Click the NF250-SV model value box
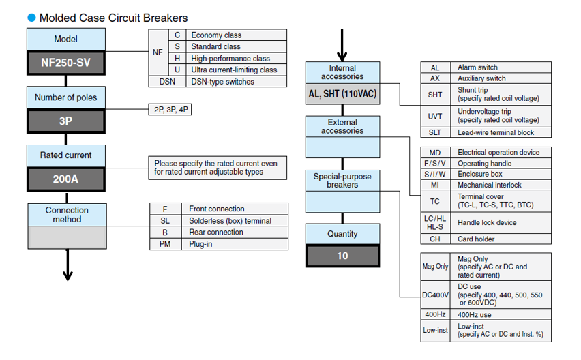(x=66, y=63)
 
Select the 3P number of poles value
(x=66, y=121)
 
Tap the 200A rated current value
(x=66, y=180)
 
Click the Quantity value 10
(x=342, y=256)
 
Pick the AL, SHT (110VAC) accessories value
(x=342, y=93)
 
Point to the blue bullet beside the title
(x=31, y=18)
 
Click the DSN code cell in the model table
(x=167, y=82)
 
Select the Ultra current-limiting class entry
(x=234, y=70)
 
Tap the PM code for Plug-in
(x=165, y=244)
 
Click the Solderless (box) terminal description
(x=230, y=221)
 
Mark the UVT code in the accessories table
(x=435, y=116)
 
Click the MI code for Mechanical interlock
(x=435, y=185)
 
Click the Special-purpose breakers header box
(x=342, y=181)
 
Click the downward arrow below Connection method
(x=68, y=266)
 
